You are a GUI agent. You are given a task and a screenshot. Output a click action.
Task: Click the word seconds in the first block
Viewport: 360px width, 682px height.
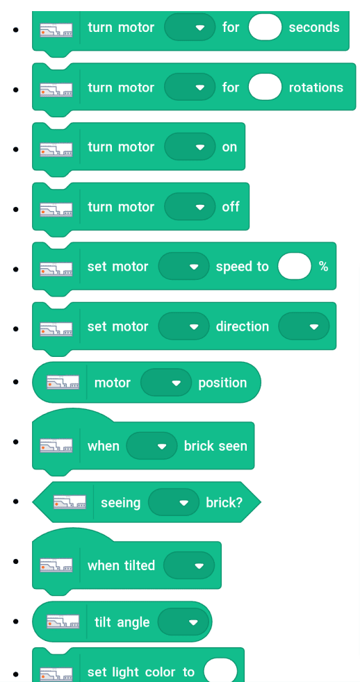(314, 27)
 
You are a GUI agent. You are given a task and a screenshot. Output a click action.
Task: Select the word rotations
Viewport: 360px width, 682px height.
(316, 88)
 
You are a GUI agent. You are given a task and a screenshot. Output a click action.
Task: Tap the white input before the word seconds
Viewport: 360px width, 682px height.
(265, 27)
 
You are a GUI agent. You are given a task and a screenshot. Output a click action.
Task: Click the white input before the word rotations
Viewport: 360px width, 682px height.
(265, 87)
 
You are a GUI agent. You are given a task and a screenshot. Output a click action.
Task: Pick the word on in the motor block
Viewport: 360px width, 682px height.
(229, 147)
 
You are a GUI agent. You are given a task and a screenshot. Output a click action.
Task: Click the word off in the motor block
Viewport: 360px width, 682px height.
(231, 206)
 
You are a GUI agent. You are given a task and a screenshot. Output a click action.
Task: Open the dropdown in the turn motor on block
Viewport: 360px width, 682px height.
(190, 147)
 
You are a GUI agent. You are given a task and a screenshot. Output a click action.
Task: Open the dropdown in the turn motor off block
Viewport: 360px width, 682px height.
(190, 206)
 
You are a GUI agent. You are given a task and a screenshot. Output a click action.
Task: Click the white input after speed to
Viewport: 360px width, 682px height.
(295, 266)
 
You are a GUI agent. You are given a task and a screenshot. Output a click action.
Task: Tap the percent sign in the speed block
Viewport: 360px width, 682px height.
(323, 266)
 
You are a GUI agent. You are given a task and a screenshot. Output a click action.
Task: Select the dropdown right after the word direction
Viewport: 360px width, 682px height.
(304, 326)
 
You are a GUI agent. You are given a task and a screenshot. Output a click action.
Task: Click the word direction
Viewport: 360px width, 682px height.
(243, 326)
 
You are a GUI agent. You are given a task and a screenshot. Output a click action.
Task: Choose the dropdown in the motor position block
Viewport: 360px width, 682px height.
(166, 383)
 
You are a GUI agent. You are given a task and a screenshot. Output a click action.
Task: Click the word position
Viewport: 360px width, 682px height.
(222, 383)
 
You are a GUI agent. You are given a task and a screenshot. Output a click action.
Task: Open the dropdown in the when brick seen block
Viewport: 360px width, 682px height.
(152, 446)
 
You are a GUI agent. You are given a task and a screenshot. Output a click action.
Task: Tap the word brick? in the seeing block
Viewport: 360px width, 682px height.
(224, 502)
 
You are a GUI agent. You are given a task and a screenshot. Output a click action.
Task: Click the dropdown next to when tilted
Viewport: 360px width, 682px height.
(189, 565)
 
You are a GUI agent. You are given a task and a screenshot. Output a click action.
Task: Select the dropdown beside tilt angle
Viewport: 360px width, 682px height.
(183, 622)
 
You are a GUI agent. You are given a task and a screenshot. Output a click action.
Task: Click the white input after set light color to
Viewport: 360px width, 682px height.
(221, 670)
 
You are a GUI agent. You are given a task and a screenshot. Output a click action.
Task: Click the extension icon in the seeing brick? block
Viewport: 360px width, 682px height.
(69, 503)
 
